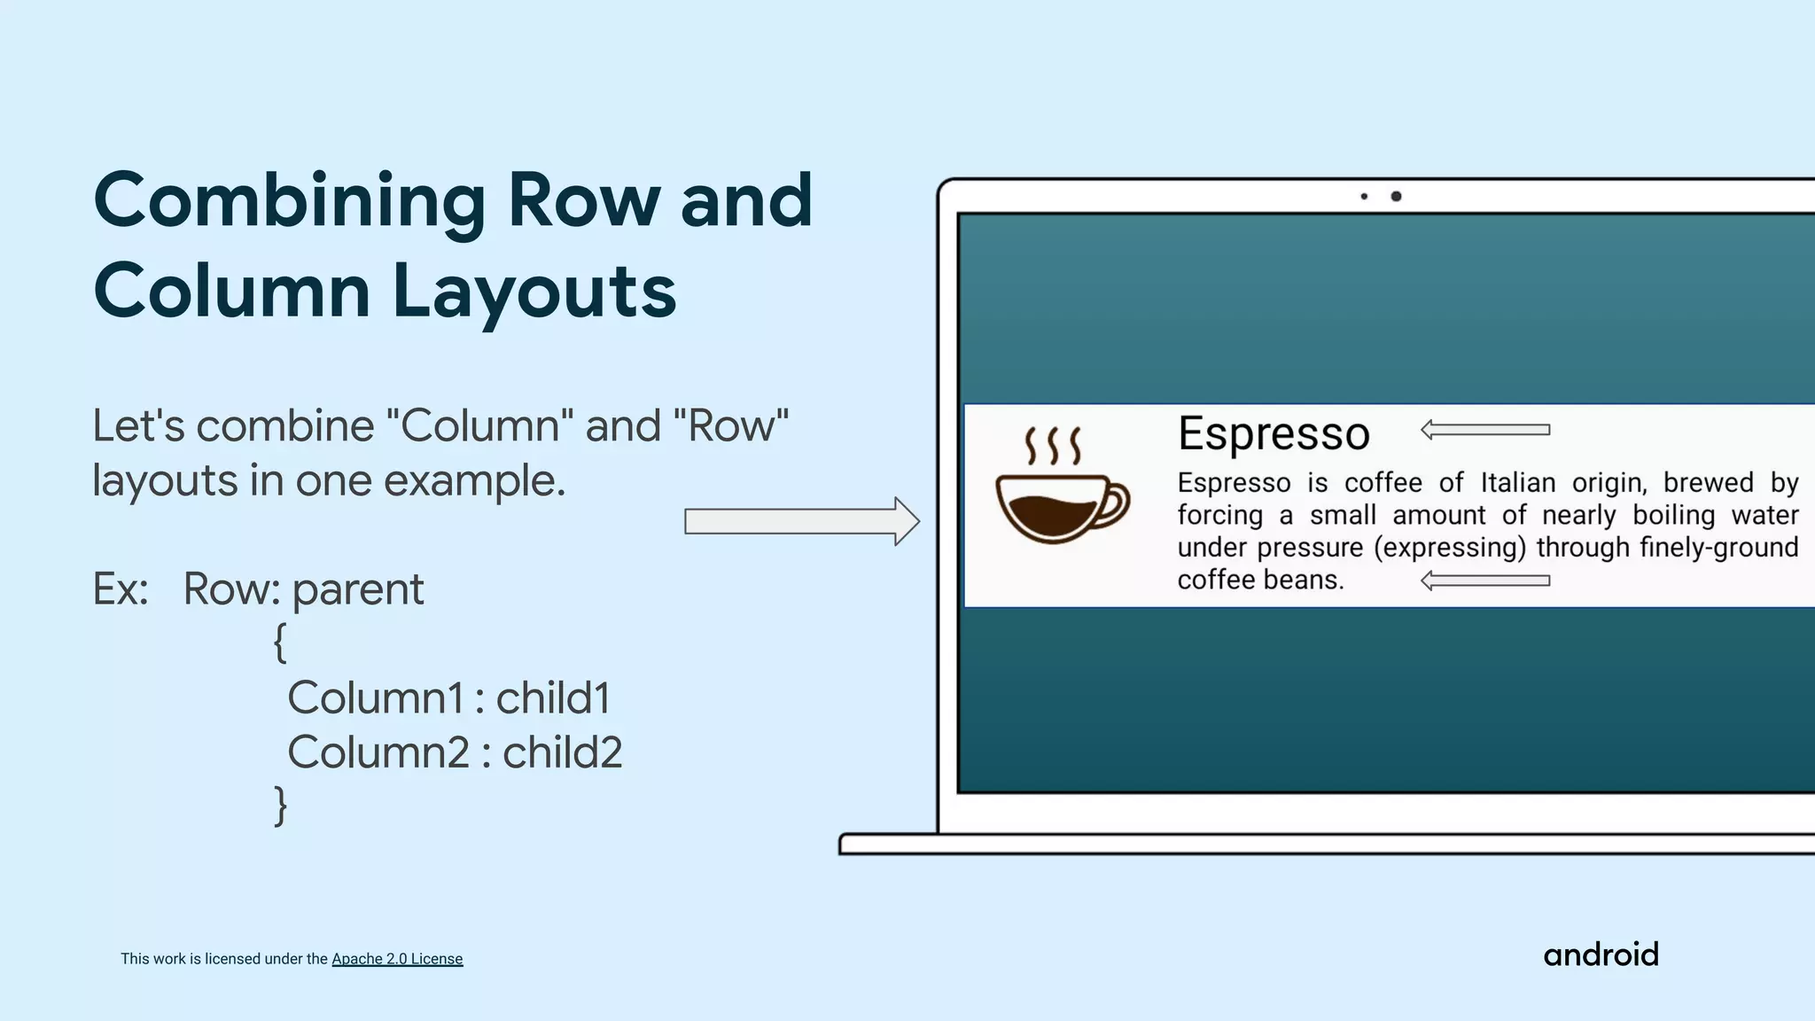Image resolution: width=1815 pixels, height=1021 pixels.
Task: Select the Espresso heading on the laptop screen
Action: [x=1274, y=433]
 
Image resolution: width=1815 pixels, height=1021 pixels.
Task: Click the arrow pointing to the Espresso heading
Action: [x=1484, y=430]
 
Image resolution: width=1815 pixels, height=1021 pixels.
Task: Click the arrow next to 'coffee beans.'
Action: [x=1484, y=581]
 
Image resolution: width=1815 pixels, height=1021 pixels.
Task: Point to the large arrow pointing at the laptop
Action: [x=801, y=521]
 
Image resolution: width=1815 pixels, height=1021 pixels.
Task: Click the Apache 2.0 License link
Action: [x=397, y=959]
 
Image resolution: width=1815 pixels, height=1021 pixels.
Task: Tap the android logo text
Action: [x=1601, y=955]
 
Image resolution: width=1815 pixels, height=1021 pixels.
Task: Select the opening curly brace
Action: [x=280, y=642]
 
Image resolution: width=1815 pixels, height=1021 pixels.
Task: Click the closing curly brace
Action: [x=280, y=805]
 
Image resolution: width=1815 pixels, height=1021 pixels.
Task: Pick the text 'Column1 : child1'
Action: [x=448, y=698]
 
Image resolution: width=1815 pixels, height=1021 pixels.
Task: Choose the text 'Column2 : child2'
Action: [x=455, y=752]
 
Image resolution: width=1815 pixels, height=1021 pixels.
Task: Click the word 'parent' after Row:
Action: [x=358, y=589]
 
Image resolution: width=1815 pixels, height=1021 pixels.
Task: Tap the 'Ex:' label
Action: [x=121, y=589]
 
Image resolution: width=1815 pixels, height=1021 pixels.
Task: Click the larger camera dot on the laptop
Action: [x=1396, y=196]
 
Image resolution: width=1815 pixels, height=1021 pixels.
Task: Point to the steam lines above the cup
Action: [x=1053, y=446]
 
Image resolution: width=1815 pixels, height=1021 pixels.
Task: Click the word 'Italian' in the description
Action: [x=1518, y=483]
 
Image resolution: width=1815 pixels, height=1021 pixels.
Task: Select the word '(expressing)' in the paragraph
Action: [x=1450, y=548]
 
